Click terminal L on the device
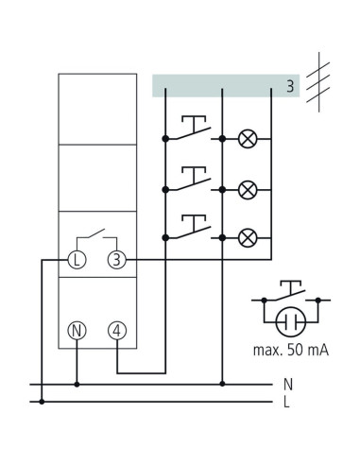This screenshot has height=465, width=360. pyautogui.click(x=77, y=260)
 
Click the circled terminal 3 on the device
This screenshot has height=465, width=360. pyautogui.click(x=117, y=260)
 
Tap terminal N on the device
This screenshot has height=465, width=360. pyautogui.click(x=77, y=331)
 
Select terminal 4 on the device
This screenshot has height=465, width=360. pyautogui.click(x=117, y=331)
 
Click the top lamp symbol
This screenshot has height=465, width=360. pyautogui.click(x=248, y=139)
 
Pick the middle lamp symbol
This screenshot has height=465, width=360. pyautogui.click(x=248, y=190)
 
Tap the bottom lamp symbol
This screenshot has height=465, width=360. pyautogui.click(x=248, y=238)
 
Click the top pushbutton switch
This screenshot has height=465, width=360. pyautogui.click(x=193, y=128)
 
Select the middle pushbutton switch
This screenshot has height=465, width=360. pyautogui.click(x=193, y=179)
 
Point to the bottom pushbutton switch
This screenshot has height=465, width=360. pyautogui.click(x=193, y=227)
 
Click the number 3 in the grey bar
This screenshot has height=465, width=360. pyautogui.click(x=290, y=86)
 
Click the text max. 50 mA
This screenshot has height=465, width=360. pyautogui.click(x=291, y=351)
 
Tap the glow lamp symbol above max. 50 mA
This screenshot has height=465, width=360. pyautogui.click(x=291, y=322)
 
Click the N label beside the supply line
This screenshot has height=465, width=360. pyautogui.click(x=288, y=385)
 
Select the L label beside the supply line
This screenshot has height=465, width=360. pyautogui.click(x=286, y=402)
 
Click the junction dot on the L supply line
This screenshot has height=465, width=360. pyautogui.click(x=42, y=402)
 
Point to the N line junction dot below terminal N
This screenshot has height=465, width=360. pyautogui.click(x=77, y=385)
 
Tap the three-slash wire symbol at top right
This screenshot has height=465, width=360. pyautogui.click(x=318, y=82)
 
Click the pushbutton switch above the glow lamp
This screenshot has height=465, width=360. pyautogui.click(x=291, y=291)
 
